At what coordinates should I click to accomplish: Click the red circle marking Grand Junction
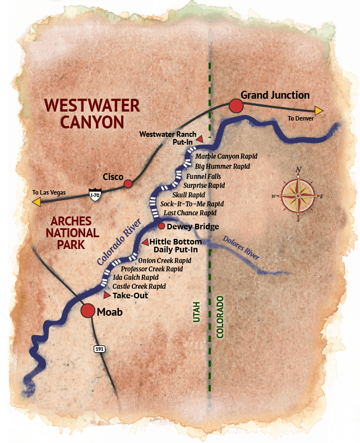click(236, 106)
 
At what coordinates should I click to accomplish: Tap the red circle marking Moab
click(88, 311)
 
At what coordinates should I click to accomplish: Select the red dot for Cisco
click(128, 183)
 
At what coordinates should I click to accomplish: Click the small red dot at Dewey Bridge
click(161, 226)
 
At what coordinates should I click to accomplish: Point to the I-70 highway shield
click(95, 195)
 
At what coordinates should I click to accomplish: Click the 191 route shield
click(99, 349)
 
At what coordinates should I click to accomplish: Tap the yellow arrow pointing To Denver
click(319, 110)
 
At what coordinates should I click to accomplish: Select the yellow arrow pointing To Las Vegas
click(36, 201)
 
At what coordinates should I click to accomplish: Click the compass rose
click(298, 196)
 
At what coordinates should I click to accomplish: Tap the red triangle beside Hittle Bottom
click(144, 242)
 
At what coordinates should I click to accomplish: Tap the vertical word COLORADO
click(220, 317)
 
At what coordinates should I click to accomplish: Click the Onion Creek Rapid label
click(165, 261)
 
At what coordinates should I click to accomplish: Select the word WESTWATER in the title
click(91, 105)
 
